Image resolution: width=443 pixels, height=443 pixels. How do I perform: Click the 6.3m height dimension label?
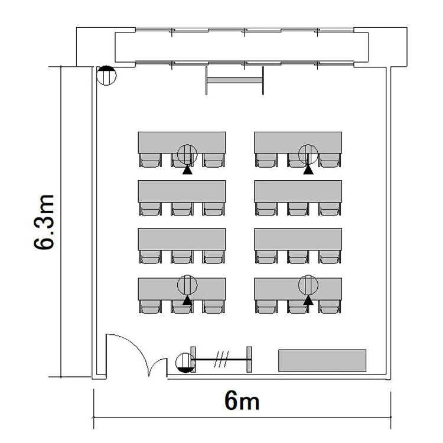tap(44, 221)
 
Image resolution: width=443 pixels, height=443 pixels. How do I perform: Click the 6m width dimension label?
tap(242, 402)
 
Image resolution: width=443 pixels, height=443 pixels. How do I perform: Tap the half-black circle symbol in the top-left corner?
tap(106, 76)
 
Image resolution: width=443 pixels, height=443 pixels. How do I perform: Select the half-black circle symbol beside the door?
tap(185, 363)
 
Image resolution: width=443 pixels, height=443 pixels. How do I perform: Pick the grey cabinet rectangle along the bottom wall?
tap(322, 360)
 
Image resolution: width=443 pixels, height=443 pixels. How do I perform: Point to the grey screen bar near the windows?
tap(234, 80)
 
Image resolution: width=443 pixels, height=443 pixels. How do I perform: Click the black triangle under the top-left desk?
tap(187, 171)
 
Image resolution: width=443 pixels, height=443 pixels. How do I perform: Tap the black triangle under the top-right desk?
tap(308, 171)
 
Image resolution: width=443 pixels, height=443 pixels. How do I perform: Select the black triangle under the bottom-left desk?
tap(187, 300)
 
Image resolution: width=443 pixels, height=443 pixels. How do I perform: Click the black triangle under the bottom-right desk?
tap(308, 300)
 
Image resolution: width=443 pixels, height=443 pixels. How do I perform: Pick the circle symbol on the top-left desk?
tap(187, 154)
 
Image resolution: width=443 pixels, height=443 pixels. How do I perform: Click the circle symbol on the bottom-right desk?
tap(308, 285)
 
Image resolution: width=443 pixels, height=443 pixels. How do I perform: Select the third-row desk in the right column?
tap(298, 239)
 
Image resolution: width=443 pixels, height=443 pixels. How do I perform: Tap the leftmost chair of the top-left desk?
tap(150, 160)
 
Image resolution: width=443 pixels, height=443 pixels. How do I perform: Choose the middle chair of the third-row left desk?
tap(182, 256)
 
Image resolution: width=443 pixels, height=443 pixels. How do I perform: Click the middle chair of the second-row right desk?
tap(298, 209)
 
